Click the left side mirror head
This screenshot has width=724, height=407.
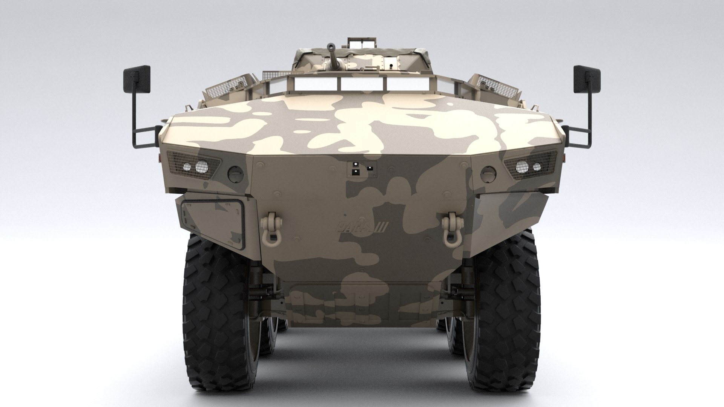[136, 79]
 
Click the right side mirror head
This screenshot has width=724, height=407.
[587, 79]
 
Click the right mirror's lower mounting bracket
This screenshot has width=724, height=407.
[577, 136]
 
